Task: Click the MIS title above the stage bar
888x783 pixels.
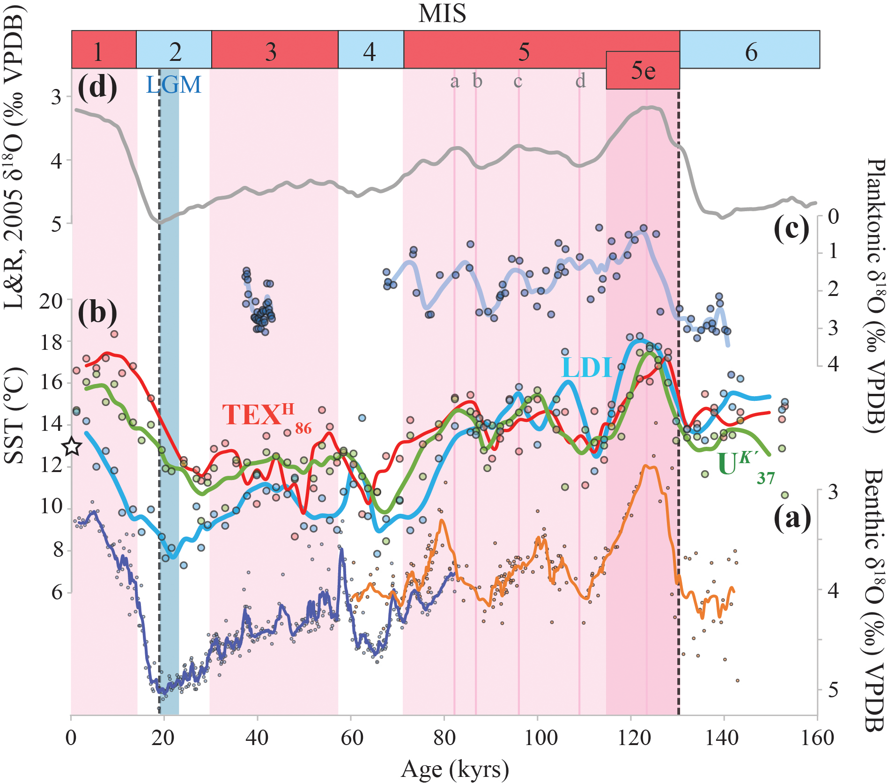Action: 442,13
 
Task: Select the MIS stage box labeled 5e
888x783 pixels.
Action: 643,70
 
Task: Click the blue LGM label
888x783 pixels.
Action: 174,85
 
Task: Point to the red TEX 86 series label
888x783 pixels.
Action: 266,416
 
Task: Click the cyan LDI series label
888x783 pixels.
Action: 586,367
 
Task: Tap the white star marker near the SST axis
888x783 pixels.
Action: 72,446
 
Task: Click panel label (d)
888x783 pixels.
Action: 97,87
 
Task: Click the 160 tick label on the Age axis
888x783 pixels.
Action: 817,739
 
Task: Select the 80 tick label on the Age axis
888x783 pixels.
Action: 444,739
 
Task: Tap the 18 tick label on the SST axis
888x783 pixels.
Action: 51,342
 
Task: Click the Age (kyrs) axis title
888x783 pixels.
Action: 454,769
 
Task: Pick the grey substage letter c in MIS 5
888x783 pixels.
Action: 518,81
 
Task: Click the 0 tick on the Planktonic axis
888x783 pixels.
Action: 833,216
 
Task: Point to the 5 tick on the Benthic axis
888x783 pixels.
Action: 833,690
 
